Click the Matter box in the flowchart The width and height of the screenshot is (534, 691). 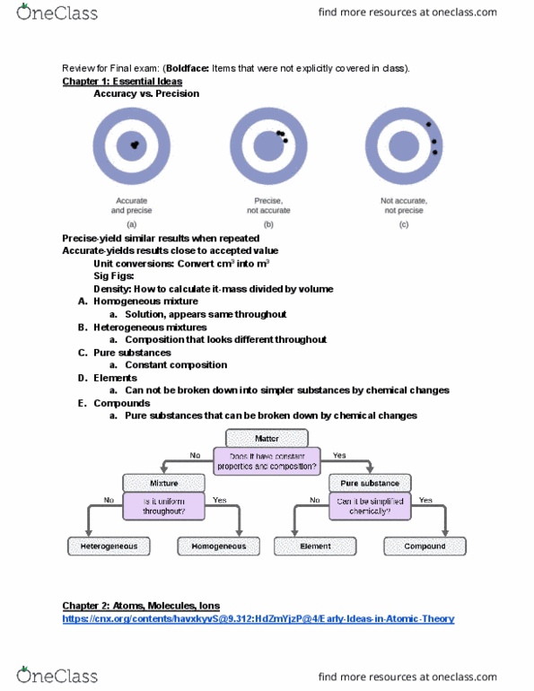point(267,439)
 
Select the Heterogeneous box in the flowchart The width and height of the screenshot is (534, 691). point(109,546)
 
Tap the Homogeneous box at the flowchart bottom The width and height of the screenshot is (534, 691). point(218,546)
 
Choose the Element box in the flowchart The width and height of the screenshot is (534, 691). point(315,546)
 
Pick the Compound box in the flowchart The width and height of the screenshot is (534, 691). point(425,546)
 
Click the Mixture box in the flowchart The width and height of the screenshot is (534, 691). point(163,483)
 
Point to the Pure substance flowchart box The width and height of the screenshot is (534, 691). point(370,483)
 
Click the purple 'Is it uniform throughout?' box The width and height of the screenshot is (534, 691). point(163,506)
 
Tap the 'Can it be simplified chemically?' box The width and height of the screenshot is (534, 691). point(370,506)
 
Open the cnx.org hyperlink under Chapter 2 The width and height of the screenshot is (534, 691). point(258,618)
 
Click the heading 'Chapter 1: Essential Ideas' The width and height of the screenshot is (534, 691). point(122,81)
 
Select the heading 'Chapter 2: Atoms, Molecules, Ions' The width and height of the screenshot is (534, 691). point(141,606)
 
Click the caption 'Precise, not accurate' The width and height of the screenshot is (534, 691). point(268,206)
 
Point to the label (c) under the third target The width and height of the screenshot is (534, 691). point(404,224)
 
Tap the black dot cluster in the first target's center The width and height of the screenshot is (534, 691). point(135,144)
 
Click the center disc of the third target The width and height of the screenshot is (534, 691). point(404,146)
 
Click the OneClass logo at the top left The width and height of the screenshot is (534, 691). point(57,13)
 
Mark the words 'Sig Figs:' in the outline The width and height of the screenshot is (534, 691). point(114,276)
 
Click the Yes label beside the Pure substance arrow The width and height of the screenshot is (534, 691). point(339,455)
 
